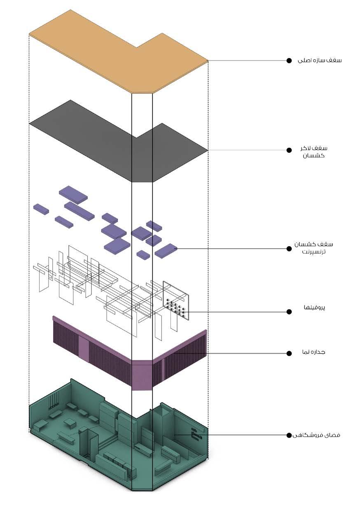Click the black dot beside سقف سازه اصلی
(289, 61)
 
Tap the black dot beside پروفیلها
(289, 312)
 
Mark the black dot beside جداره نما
(289, 353)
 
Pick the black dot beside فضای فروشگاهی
(289, 435)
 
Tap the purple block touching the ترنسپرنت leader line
(166, 250)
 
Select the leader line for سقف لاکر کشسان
(247, 150)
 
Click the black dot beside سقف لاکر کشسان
(289, 150)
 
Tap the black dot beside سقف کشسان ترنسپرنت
(289, 248)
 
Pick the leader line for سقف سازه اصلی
(247, 61)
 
